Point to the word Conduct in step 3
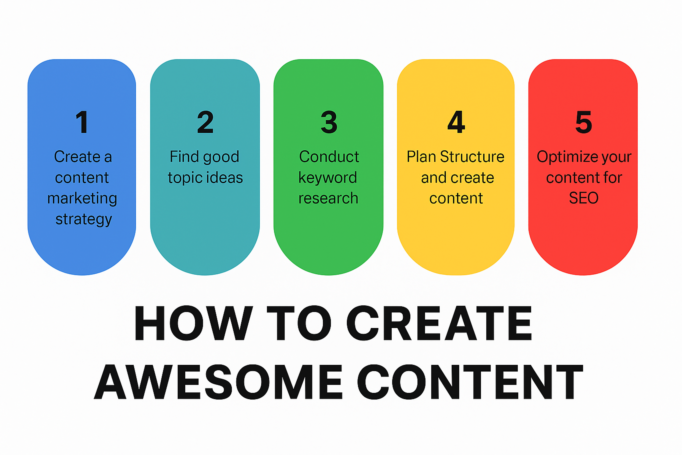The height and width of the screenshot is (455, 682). [329, 157]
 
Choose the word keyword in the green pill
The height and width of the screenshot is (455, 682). [328, 178]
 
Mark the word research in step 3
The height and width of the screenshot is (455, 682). [328, 199]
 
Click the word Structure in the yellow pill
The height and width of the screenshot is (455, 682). [472, 157]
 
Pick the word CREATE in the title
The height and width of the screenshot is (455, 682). [439, 323]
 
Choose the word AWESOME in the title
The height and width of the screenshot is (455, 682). [218, 382]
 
